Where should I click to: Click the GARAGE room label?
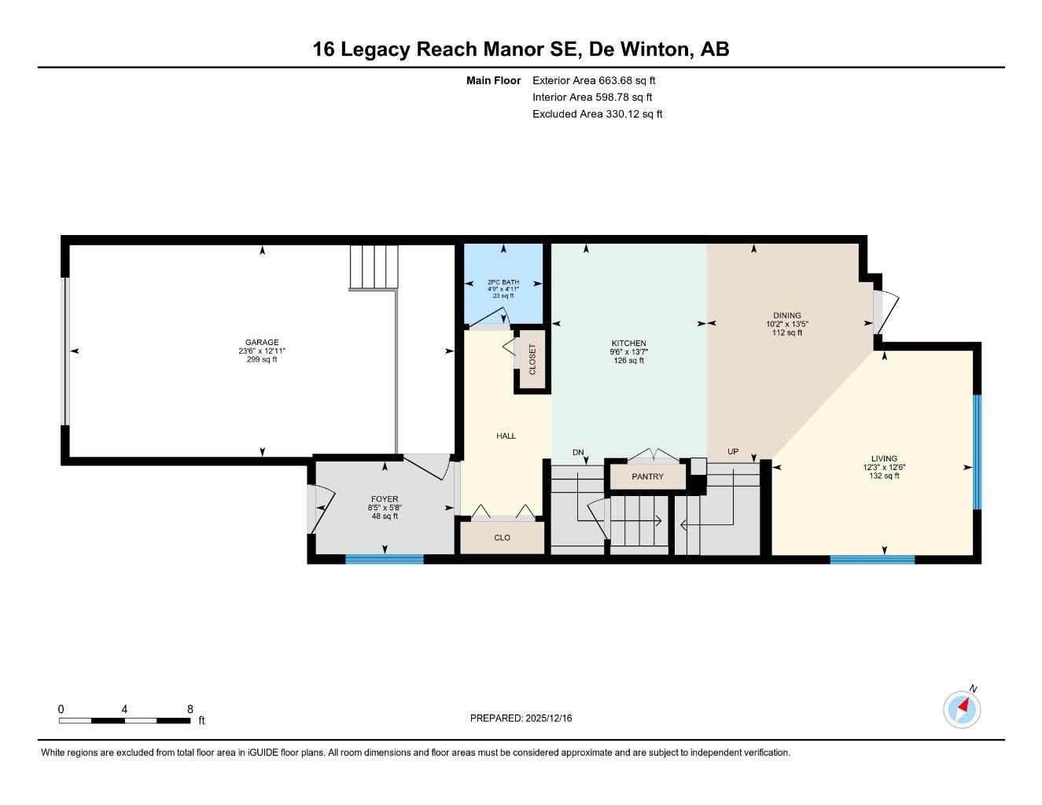(262, 343)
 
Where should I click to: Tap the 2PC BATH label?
(503, 282)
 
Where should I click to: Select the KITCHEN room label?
(628, 344)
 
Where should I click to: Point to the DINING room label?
(786, 316)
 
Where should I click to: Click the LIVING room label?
(884, 459)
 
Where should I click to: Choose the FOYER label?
(385, 499)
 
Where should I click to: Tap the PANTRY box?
(647, 477)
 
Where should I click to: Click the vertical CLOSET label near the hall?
(532, 359)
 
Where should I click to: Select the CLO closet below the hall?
(503, 538)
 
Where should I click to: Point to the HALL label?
(506, 436)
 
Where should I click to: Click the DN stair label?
(579, 452)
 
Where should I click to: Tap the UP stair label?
(733, 452)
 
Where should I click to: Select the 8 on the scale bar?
(190, 709)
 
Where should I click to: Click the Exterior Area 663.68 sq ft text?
(594, 80)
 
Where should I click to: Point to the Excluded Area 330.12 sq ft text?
(597, 114)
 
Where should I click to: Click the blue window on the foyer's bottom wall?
(385, 560)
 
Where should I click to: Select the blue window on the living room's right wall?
(978, 451)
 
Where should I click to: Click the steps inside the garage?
(374, 267)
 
